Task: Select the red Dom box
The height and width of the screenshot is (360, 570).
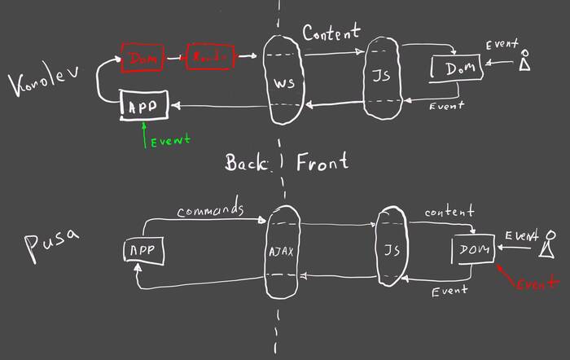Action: pyautogui.click(x=143, y=57)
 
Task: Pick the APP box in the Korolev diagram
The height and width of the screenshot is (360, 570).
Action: pyautogui.click(x=144, y=105)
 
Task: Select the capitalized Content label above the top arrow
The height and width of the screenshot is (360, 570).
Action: pyautogui.click(x=331, y=33)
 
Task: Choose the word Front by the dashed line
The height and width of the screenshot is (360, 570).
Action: pyautogui.click(x=322, y=161)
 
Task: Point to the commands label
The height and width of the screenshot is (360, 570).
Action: pyautogui.click(x=211, y=209)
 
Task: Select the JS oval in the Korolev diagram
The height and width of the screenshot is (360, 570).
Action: pyautogui.click(x=383, y=78)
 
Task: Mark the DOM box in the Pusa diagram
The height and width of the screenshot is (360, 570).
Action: pyautogui.click(x=473, y=249)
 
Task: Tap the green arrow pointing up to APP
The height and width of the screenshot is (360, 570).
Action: pyautogui.click(x=144, y=134)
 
